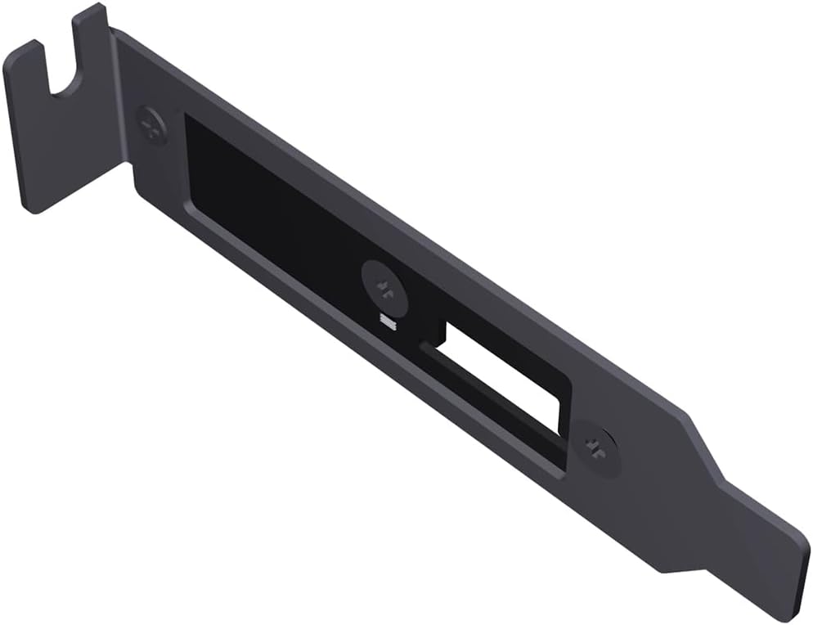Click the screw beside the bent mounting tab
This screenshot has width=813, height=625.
point(152,125)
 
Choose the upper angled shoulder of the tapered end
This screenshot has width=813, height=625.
point(700,442)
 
